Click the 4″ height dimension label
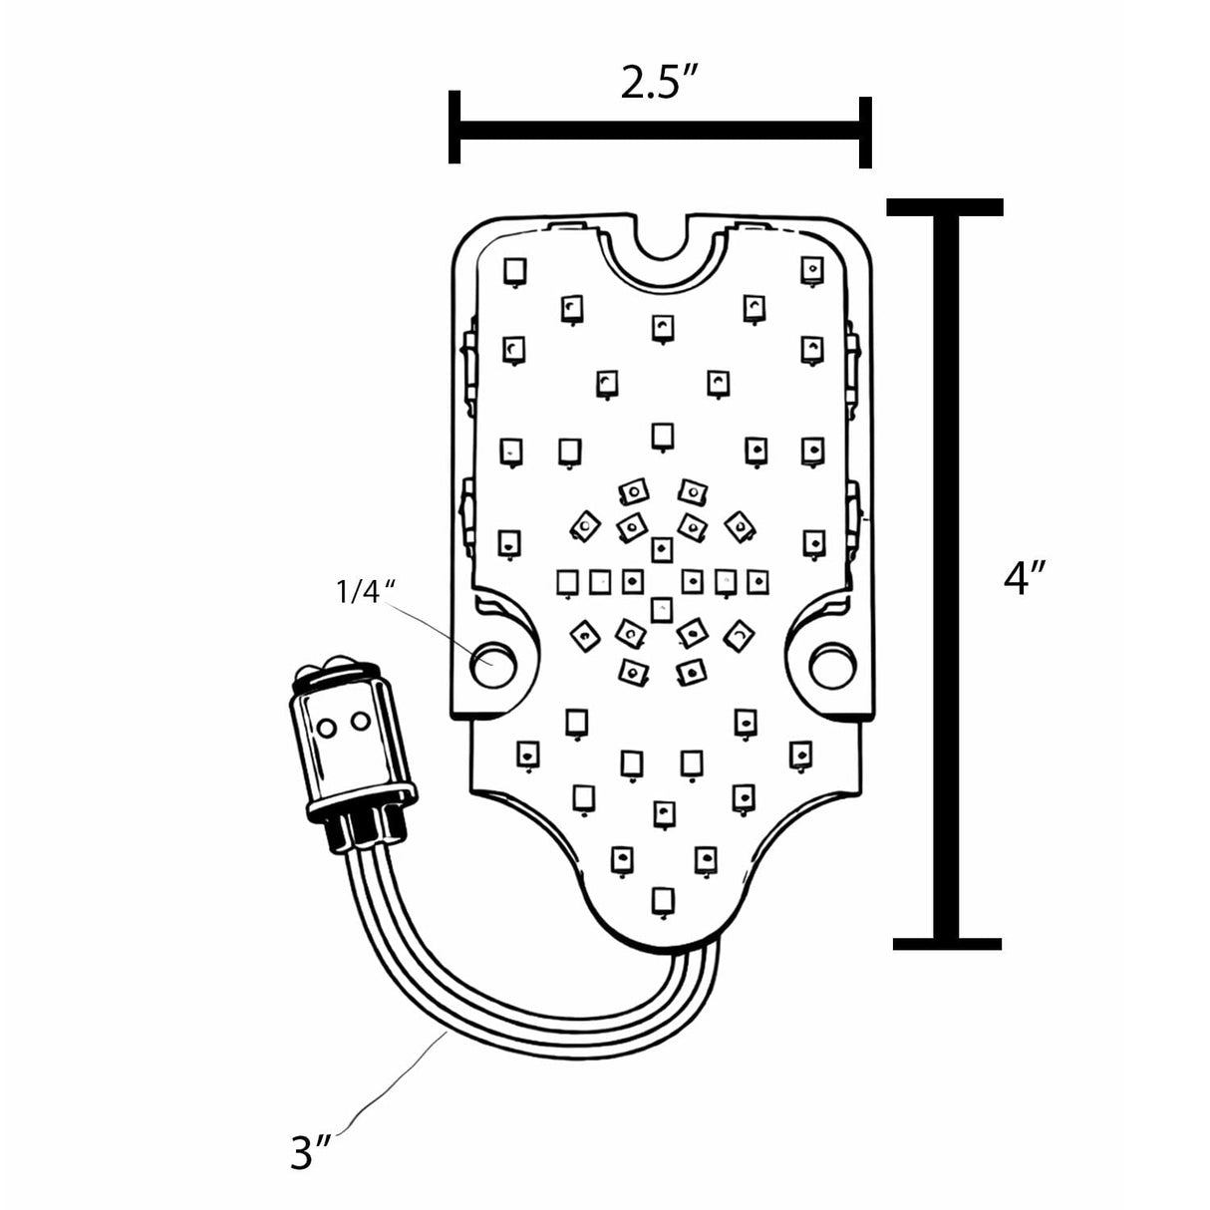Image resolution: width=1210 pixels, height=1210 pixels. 1024,577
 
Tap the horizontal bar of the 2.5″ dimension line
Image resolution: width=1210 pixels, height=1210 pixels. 658,130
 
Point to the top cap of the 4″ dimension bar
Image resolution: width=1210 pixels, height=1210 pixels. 945,207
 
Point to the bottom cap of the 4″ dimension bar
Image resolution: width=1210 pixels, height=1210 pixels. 947,943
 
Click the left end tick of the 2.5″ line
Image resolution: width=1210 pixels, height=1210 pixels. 454,127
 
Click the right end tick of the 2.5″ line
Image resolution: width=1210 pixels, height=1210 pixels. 866,132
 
